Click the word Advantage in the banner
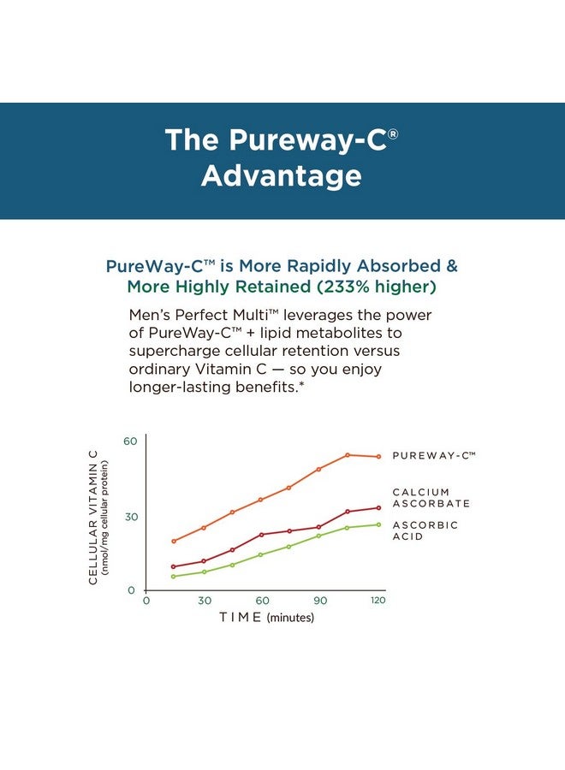click(281, 175)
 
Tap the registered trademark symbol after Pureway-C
click(393, 133)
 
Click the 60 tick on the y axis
click(130, 441)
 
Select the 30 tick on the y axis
click(130, 517)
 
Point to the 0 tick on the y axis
click(131, 590)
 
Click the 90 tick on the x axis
click(321, 601)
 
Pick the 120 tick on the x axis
click(378, 601)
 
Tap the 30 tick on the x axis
click(205, 601)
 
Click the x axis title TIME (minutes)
click(266, 617)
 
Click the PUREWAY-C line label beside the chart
click(433, 456)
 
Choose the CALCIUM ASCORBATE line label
click(431, 498)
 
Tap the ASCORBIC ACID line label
click(425, 530)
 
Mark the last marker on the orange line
click(378, 457)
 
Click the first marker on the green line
click(174, 577)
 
